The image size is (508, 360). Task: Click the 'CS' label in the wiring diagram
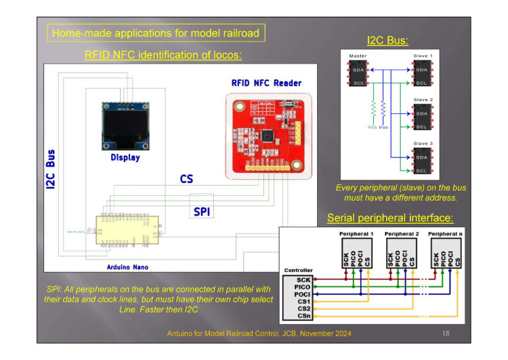coord(186,179)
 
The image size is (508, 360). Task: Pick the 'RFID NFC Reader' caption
coord(266,83)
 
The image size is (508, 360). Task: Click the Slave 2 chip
coord(421,119)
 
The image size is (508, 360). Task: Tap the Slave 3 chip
coord(421,163)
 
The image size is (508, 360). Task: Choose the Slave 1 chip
coord(421,75)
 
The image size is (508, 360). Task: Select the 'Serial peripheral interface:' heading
coord(390,218)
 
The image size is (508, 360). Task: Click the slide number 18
coord(445,334)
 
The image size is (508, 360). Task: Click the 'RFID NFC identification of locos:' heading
coord(163,55)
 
